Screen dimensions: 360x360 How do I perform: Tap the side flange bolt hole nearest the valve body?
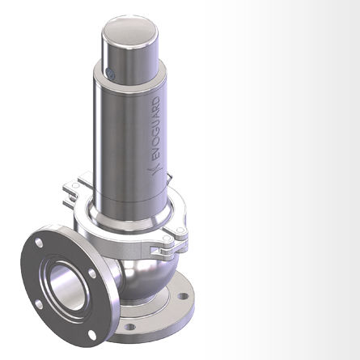coord(95,273)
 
